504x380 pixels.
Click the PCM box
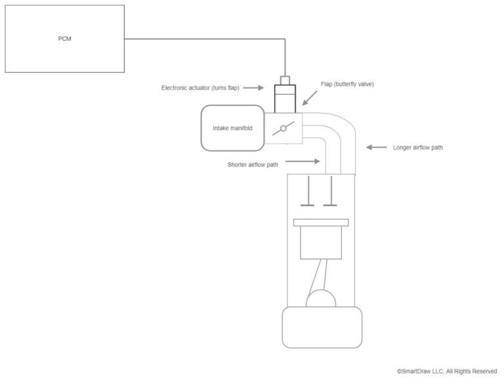click(64, 39)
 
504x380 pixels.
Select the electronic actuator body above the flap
click(285, 100)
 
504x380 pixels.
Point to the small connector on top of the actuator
click(285, 81)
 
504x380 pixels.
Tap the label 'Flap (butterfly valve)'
click(347, 85)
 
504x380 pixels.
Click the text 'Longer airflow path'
click(417, 148)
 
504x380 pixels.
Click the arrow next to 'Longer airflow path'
click(377, 148)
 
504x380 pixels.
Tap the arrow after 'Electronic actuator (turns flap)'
click(253, 87)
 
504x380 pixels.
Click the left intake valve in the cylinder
click(306, 192)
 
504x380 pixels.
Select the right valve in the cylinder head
click(331, 192)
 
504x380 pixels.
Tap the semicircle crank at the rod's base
click(320, 299)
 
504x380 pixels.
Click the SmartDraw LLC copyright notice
click(447, 371)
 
